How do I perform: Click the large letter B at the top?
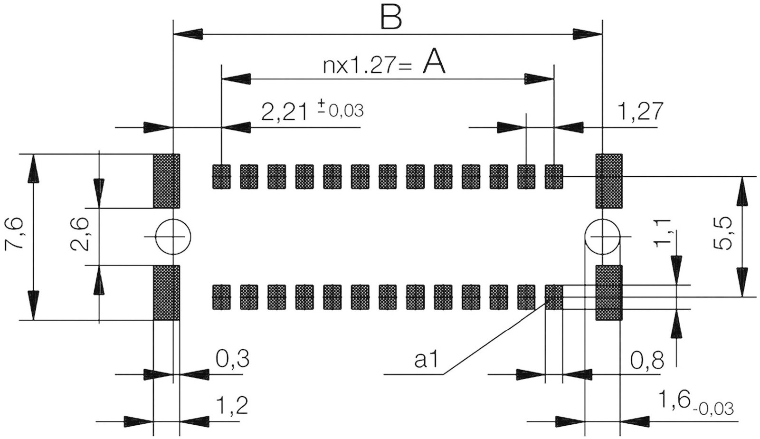point(391,18)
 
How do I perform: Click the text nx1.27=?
point(368,66)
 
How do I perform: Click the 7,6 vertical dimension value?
point(14,234)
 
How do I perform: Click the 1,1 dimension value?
point(662,234)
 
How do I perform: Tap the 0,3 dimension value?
point(233,359)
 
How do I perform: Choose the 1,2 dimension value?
point(232,406)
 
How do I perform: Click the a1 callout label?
point(427,360)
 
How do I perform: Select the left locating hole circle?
point(173,237)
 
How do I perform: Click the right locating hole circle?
point(603,237)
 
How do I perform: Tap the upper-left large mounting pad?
point(166,181)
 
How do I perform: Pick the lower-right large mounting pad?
point(609,293)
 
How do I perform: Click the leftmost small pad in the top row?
point(221,177)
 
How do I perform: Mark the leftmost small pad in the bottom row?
point(221,297)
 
